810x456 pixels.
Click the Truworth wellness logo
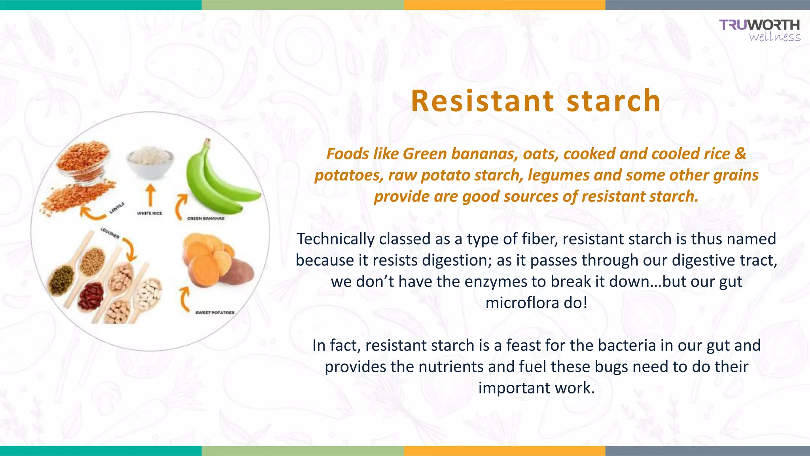[760, 30]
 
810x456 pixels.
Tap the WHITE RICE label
[150, 213]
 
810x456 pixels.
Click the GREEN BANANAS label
[206, 218]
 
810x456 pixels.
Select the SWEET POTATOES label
[215, 313]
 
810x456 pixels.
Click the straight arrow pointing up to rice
[150, 195]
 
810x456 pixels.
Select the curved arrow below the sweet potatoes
[184, 299]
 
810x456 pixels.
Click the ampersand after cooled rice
[740, 154]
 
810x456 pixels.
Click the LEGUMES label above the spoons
[110, 233]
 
